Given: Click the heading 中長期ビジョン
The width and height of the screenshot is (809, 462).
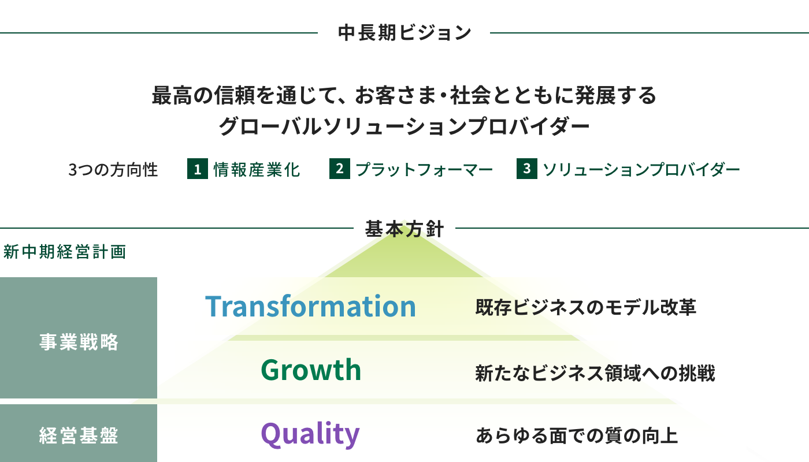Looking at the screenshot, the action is pyautogui.click(x=404, y=32).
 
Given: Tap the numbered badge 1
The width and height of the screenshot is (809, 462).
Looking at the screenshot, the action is pyautogui.click(x=198, y=169).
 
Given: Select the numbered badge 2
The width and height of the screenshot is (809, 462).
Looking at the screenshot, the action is pyautogui.click(x=340, y=169).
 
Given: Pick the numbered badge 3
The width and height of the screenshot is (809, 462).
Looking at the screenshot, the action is pyautogui.click(x=527, y=169).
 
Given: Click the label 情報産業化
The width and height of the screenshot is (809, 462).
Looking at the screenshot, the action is pyautogui.click(x=257, y=170).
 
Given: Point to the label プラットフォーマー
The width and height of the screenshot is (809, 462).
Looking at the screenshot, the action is pyautogui.click(x=424, y=170).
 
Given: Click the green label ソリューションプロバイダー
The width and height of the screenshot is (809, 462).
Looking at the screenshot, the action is pyautogui.click(x=641, y=170).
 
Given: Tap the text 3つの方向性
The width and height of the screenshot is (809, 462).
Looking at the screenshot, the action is pyautogui.click(x=113, y=170).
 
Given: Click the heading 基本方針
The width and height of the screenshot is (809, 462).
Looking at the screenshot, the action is pyautogui.click(x=404, y=229).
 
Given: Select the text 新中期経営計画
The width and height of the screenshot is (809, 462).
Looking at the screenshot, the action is pyautogui.click(x=65, y=252).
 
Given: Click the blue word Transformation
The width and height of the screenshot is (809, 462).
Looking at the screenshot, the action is pyautogui.click(x=311, y=306).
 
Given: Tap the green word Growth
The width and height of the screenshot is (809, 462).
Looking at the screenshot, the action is pyautogui.click(x=311, y=370).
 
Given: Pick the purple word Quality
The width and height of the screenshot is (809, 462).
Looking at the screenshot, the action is pyautogui.click(x=310, y=434).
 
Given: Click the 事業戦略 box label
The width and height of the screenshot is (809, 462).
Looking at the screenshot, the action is pyautogui.click(x=79, y=342).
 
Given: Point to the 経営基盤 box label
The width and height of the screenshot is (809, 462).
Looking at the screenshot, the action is pyautogui.click(x=79, y=435).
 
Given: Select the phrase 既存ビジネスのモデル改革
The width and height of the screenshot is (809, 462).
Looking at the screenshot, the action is pyautogui.click(x=586, y=307).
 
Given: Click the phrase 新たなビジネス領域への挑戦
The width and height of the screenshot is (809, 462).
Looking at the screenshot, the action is pyautogui.click(x=595, y=373).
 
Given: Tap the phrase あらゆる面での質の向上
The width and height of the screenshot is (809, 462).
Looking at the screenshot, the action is pyautogui.click(x=577, y=435).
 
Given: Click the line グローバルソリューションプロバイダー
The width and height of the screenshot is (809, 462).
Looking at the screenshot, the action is pyautogui.click(x=404, y=126).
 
